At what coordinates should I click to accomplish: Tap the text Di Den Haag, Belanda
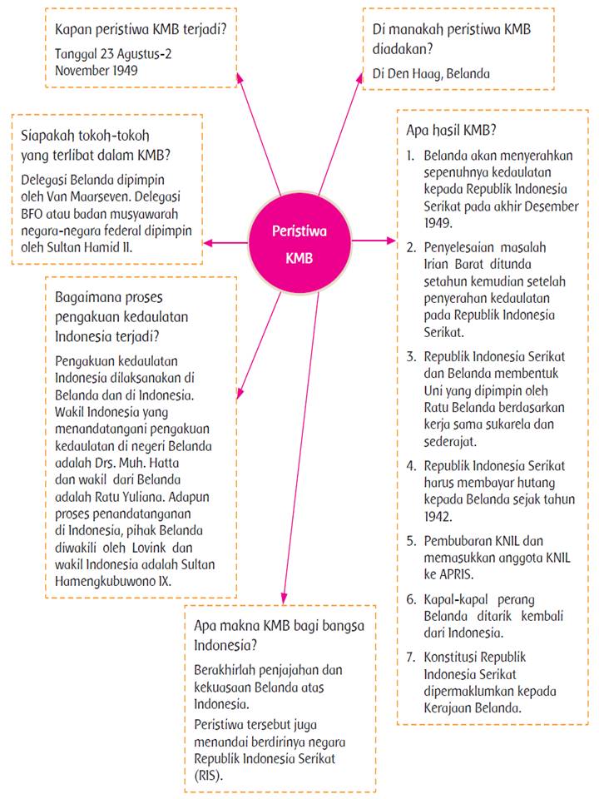[x=431, y=72]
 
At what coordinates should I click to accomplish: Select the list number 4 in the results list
[x=411, y=466]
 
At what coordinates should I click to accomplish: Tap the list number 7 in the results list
[x=411, y=658]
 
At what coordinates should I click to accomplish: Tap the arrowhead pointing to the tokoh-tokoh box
[x=207, y=242]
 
